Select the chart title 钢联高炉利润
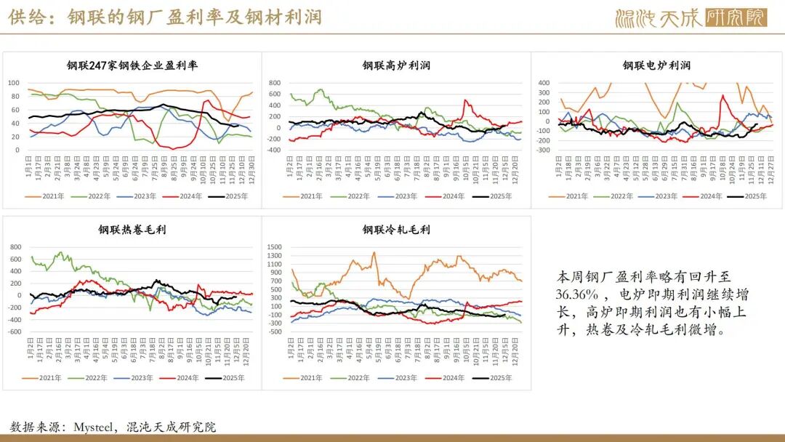(396, 65)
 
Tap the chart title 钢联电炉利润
(656, 65)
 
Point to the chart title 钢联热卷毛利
(133, 230)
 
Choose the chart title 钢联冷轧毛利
(396, 230)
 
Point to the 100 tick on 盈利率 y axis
(13, 83)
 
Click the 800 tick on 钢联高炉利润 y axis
(274, 83)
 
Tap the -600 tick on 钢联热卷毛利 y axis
(15, 331)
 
